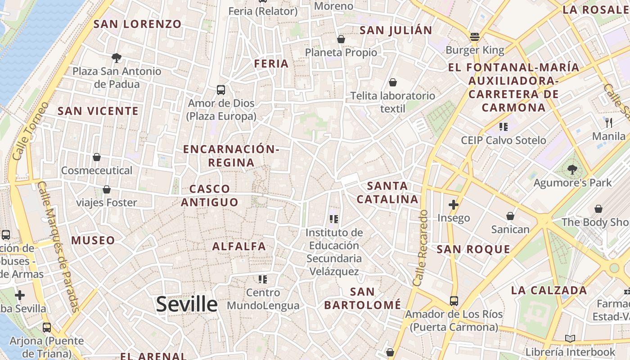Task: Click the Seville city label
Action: tap(187, 305)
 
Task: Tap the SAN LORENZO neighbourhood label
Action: tap(137, 24)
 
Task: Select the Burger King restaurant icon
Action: tap(474, 37)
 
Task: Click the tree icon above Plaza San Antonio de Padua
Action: tap(117, 58)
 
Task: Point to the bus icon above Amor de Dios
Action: tap(221, 90)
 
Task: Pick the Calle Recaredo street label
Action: tap(420, 247)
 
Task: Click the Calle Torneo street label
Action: tap(31, 131)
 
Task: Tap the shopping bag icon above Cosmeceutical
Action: tap(96, 157)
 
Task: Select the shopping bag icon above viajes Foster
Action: tap(107, 189)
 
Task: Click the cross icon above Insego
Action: tap(454, 205)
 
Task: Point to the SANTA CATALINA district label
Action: tap(387, 192)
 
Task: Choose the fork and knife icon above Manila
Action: tap(609, 122)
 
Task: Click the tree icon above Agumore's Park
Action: tap(572, 169)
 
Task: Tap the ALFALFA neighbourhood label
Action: tap(239, 246)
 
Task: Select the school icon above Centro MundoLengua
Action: tap(263, 279)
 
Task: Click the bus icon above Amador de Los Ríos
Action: tap(454, 301)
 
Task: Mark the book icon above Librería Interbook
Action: tap(570, 338)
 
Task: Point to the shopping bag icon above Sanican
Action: tap(510, 216)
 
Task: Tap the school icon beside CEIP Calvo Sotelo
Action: tap(504, 127)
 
